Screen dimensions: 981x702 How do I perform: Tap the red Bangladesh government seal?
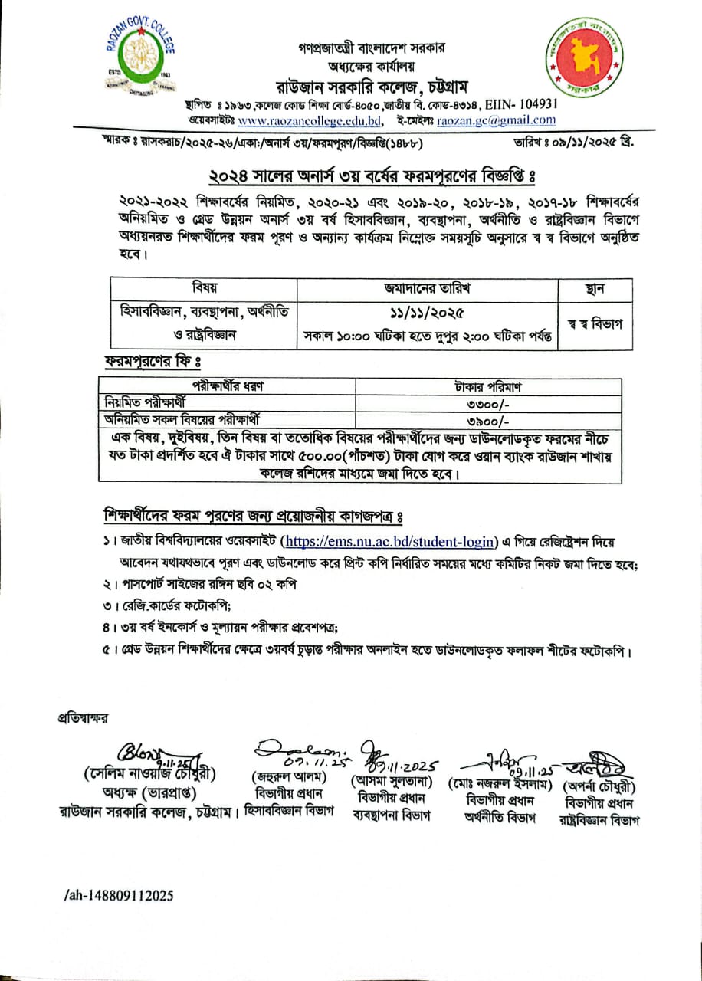point(590,63)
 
